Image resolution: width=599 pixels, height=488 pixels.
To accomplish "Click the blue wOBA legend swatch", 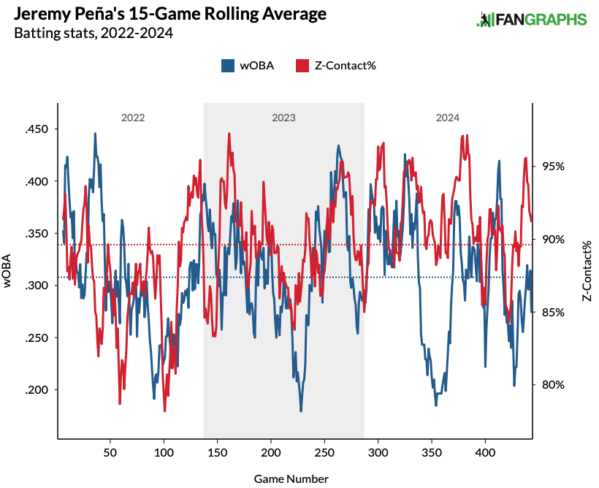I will pyautogui.click(x=227, y=66).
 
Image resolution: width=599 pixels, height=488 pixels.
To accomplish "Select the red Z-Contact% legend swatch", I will pyautogui.click(x=301, y=66).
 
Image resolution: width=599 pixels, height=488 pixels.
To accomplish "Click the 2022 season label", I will pyautogui.click(x=133, y=117).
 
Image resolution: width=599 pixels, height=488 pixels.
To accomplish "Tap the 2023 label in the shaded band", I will pyautogui.click(x=283, y=117).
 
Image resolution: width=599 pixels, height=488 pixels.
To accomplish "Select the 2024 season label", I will pyautogui.click(x=448, y=117).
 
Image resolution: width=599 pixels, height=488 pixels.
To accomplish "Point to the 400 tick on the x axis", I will pyautogui.click(x=486, y=453).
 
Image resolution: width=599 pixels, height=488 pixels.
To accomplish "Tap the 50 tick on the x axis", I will pyautogui.click(x=110, y=453).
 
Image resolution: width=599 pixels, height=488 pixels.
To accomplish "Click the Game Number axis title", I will pyautogui.click(x=291, y=479).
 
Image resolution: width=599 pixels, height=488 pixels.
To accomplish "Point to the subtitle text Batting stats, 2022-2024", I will pyautogui.click(x=94, y=33).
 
